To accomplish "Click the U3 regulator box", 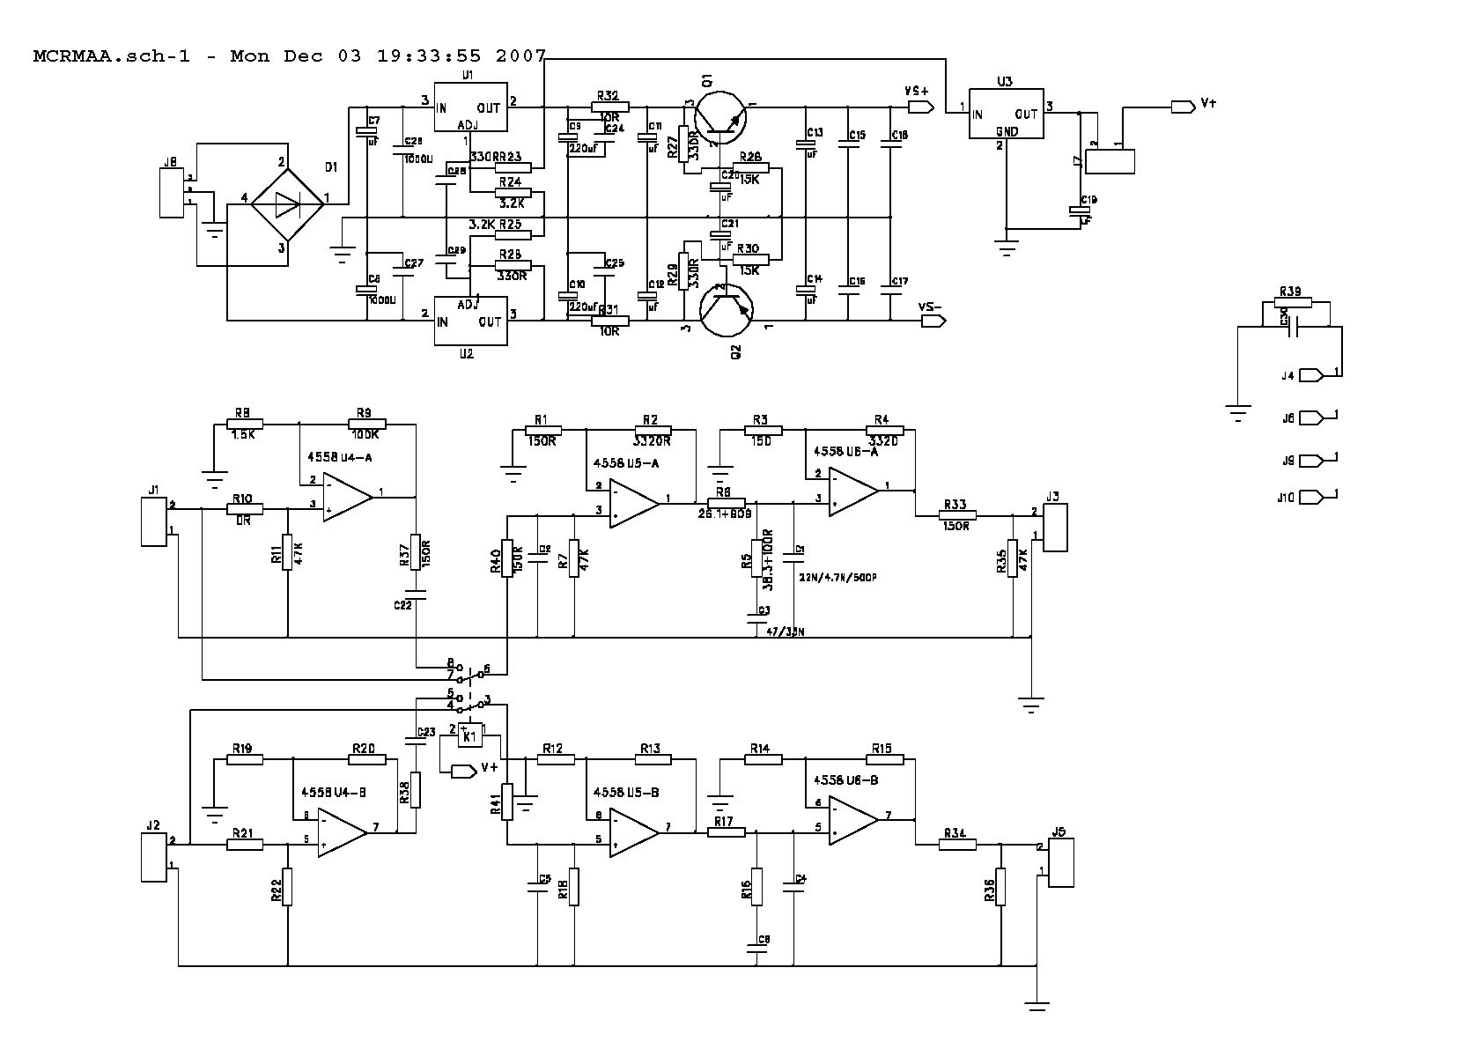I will point(1006,114).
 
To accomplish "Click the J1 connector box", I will point(154,521).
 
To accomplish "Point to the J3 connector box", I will point(1055,528).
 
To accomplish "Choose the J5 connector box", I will point(1061,863).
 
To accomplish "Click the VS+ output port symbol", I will point(919,107).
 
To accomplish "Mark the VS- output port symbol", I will point(932,321).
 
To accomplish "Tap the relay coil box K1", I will point(470,735).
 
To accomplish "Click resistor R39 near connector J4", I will point(1294,304).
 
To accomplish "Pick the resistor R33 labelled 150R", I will point(955,516).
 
